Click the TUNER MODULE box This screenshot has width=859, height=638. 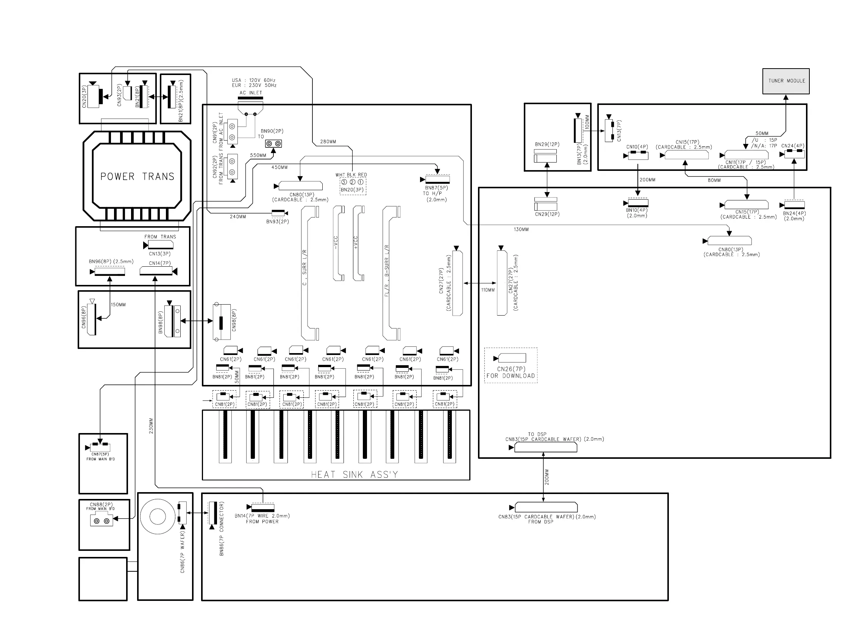coord(786,81)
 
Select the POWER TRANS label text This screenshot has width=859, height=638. coord(137,177)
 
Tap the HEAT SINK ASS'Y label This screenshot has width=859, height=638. coord(354,475)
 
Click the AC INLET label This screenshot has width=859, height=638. coord(251,93)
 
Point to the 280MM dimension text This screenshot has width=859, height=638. coord(328,142)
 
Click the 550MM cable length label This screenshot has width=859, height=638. coord(258,155)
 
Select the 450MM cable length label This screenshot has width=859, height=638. coord(279,167)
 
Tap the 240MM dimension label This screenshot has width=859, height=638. coord(238,217)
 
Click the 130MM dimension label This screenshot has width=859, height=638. coord(521,230)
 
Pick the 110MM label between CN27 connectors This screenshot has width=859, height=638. coord(487,290)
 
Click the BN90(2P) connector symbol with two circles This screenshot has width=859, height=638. coord(273,144)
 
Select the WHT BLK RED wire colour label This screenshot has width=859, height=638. coord(351,175)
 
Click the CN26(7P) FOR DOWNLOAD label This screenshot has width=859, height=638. coord(511,372)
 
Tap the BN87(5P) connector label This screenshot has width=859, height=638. coord(436,188)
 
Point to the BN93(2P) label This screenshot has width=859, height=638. coord(277,222)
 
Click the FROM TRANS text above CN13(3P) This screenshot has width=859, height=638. coord(160,237)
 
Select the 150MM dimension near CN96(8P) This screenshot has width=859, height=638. coord(118,305)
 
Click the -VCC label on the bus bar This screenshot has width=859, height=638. coord(336,242)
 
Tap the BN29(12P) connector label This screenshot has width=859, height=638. coord(547,144)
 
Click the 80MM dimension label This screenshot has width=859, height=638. coord(714,180)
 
